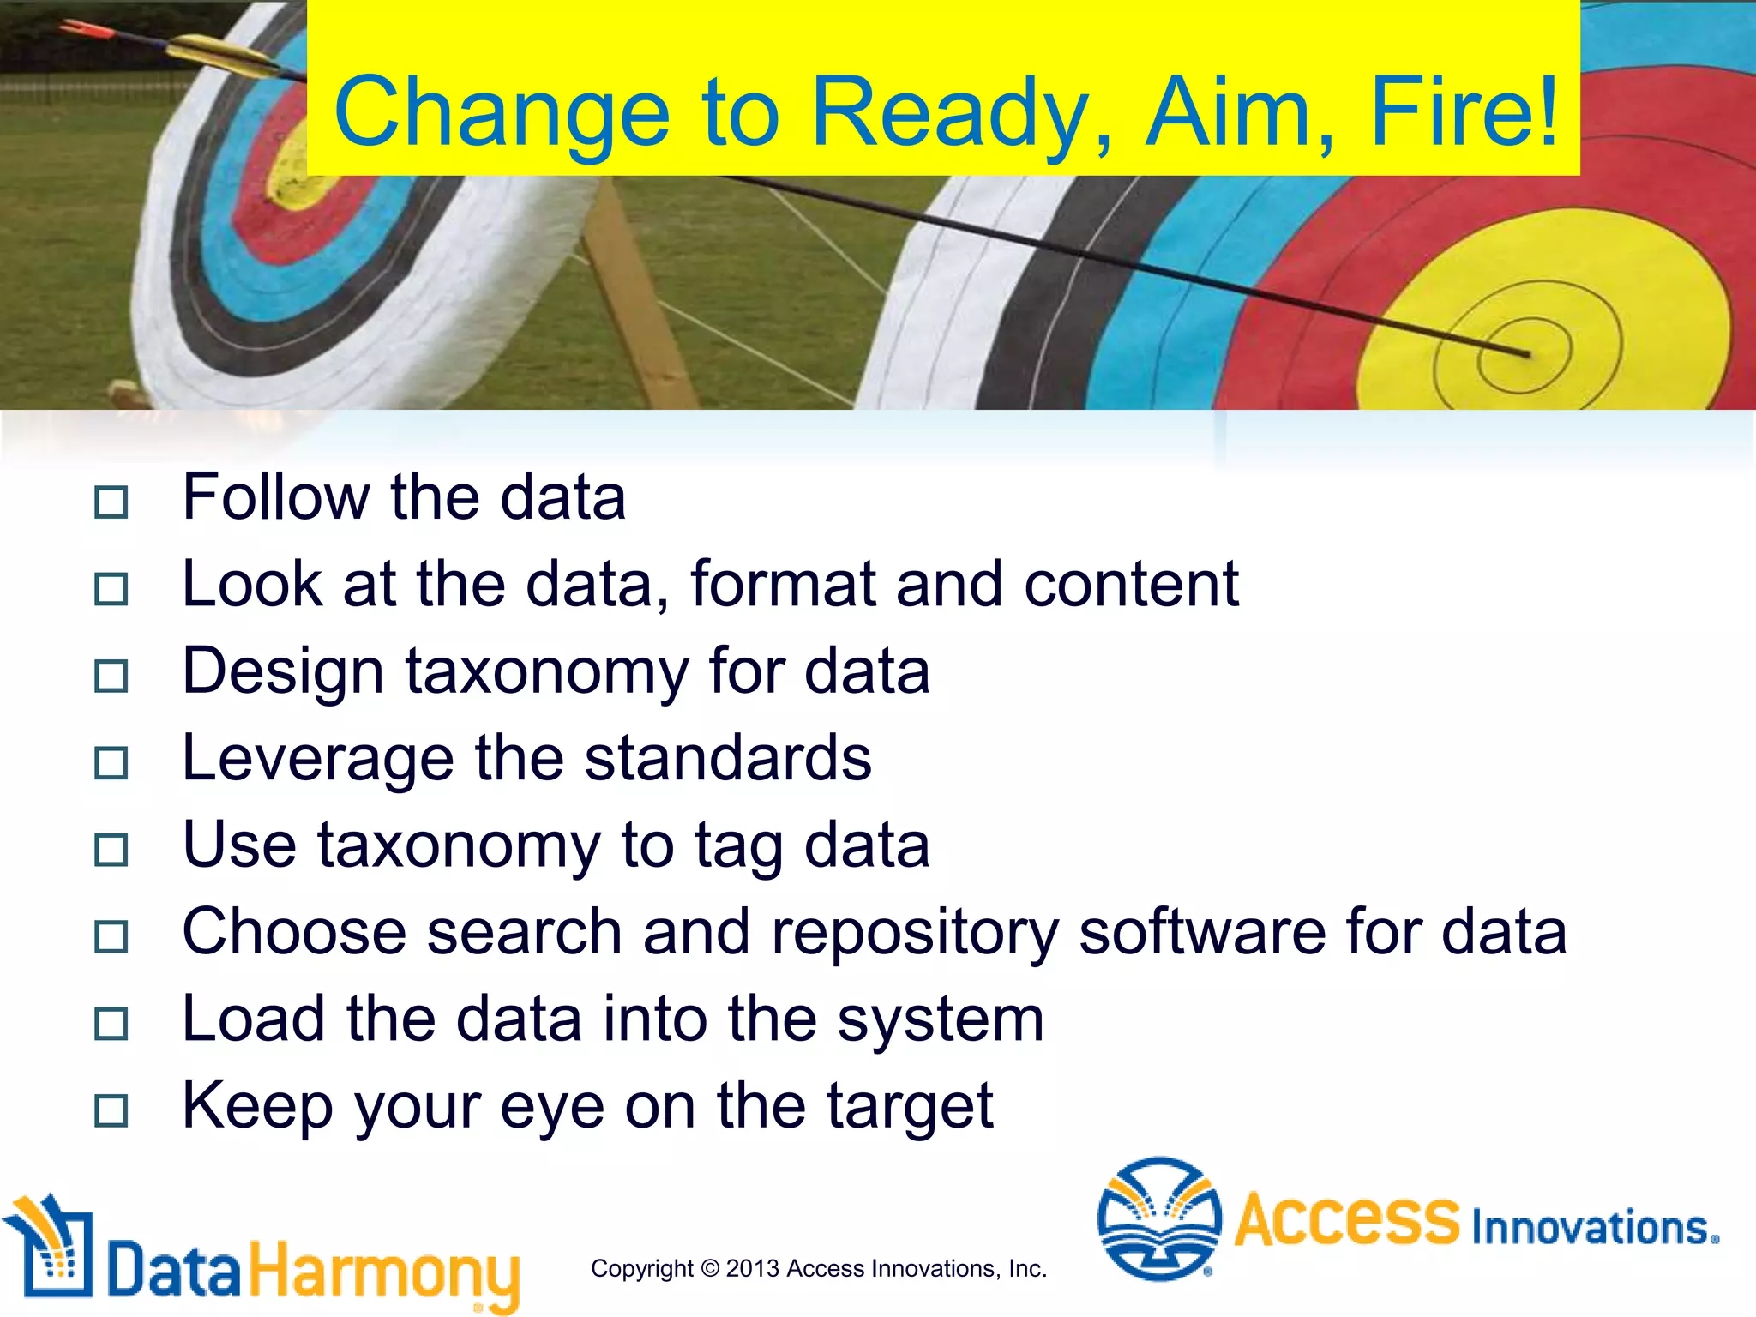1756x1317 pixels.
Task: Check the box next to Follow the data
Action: [x=111, y=502]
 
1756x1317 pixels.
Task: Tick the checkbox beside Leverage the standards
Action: [x=111, y=763]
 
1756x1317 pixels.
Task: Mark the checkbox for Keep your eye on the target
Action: [x=111, y=1111]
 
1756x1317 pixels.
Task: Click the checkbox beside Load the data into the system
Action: [x=111, y=1024]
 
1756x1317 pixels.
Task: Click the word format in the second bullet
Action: [x=783, y=585]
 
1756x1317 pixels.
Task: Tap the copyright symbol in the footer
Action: [x=710, y=1268]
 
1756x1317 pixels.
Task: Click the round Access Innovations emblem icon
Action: [x=1159, y=1219]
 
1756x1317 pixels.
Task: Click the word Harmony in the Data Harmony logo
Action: [x=384, y=1272]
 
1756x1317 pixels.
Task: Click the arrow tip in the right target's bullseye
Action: [x=1526, y=353]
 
